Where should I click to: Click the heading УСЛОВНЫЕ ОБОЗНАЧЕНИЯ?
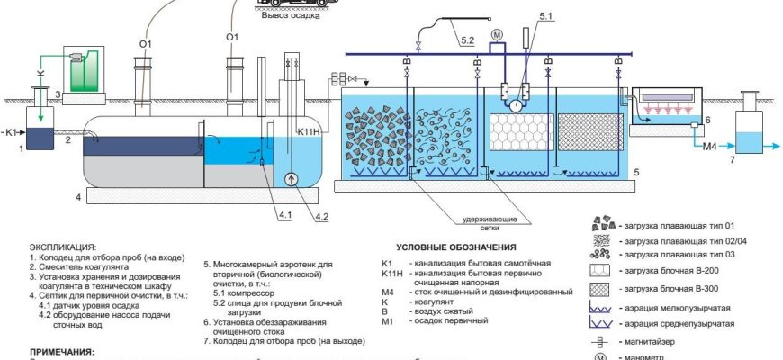[x=456, y=247]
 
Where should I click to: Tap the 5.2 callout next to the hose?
[x=467, y=41]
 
